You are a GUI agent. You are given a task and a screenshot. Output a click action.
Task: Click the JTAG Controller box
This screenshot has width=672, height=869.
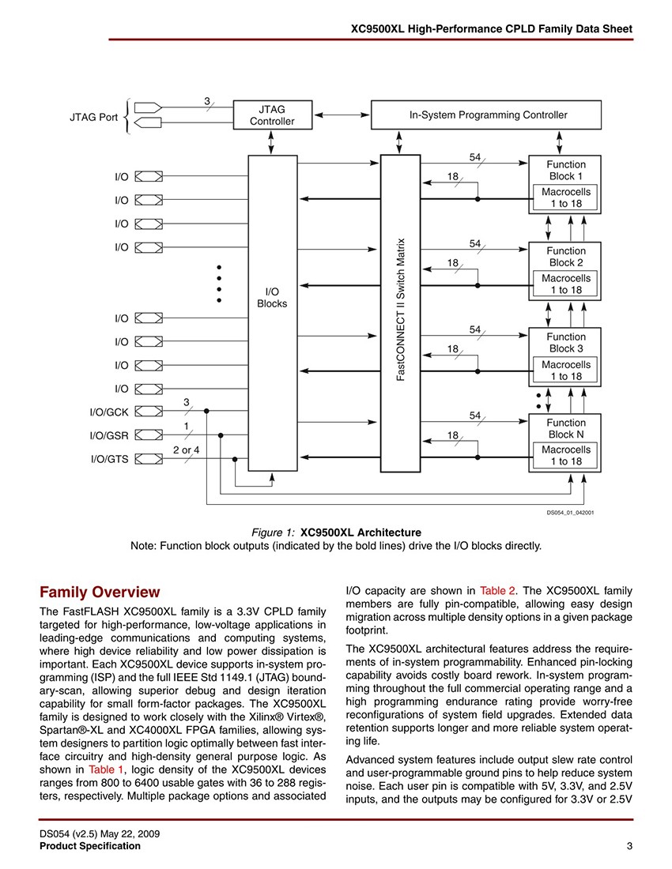tap(272, 115)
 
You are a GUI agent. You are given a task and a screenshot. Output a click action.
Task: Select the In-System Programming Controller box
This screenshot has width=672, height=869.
tap(487, 115)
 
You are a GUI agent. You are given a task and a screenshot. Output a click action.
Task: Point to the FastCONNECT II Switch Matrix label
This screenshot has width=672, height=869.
tap(401, 309)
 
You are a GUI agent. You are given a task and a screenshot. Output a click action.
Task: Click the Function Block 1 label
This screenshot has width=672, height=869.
tap(565, 170)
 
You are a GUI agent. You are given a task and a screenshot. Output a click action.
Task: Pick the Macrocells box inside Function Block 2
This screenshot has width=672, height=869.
tap(565, 284)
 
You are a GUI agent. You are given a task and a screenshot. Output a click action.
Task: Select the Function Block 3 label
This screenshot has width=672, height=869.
tap(565, 342)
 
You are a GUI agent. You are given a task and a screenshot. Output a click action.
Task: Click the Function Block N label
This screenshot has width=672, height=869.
tap(565, 428)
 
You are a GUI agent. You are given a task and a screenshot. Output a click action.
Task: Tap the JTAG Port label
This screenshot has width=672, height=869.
tap(92, 117)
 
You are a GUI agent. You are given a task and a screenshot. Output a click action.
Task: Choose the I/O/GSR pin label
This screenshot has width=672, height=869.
tap(109, 435)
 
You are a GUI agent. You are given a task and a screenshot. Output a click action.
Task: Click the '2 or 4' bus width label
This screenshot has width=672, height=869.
tap(186, 450)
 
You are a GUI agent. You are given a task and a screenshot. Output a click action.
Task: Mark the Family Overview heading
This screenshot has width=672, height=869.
tap(100, 592)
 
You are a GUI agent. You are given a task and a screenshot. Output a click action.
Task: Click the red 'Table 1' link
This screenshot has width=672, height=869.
tap(106, 769)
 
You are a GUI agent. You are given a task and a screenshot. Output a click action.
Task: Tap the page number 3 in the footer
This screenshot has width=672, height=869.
tap(629, 846)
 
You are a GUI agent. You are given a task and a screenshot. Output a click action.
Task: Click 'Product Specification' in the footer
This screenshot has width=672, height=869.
tap(90, 846)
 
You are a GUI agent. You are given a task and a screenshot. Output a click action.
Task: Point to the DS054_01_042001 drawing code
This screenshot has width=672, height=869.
tap(570, 512)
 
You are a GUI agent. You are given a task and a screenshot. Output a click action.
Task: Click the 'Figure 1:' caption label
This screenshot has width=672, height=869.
tap(273, 532)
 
